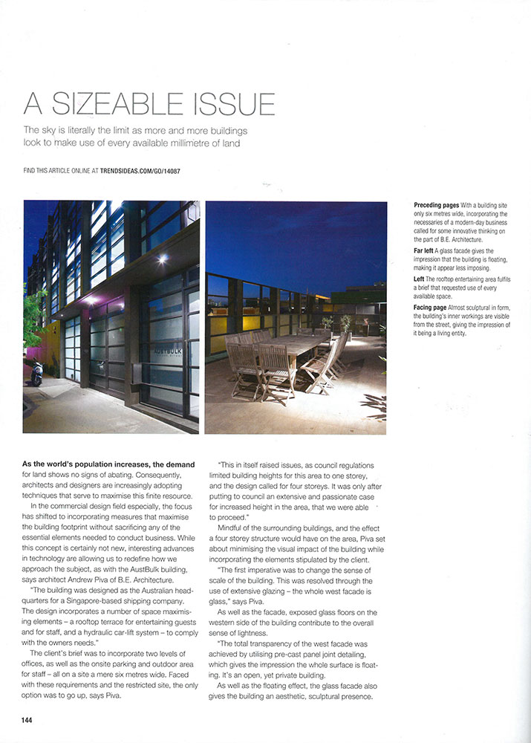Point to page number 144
(x=27, y=720)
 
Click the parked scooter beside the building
(x=36, y=373)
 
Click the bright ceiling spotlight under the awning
(x=162, y=259)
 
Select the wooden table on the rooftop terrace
(x=297, y=349)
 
